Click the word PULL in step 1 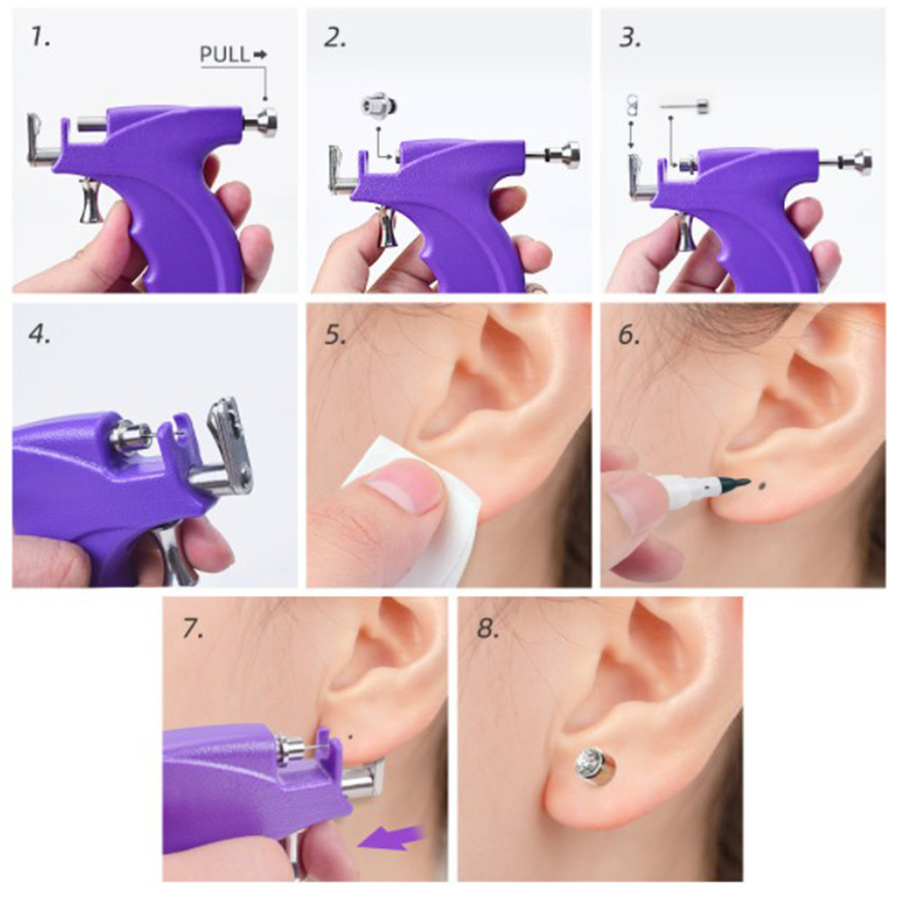[x=225, y=54]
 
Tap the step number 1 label [x=40, y=39]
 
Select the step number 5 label [x=335, y=335]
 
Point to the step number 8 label [x=488, y=628]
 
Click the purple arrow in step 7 [x=391, y=836]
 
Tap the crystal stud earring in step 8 [x=592, y=765]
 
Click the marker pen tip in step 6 [x=740, y=483]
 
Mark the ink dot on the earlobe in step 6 [x=762, y=485]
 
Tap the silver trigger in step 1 [x=90, y=201]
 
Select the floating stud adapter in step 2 [x=379, y=106]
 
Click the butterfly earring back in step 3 [x=633, y=106]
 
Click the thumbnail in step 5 [x=405, y=488]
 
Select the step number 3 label [x=630, y=39]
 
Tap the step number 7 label [x=193, y=628]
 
